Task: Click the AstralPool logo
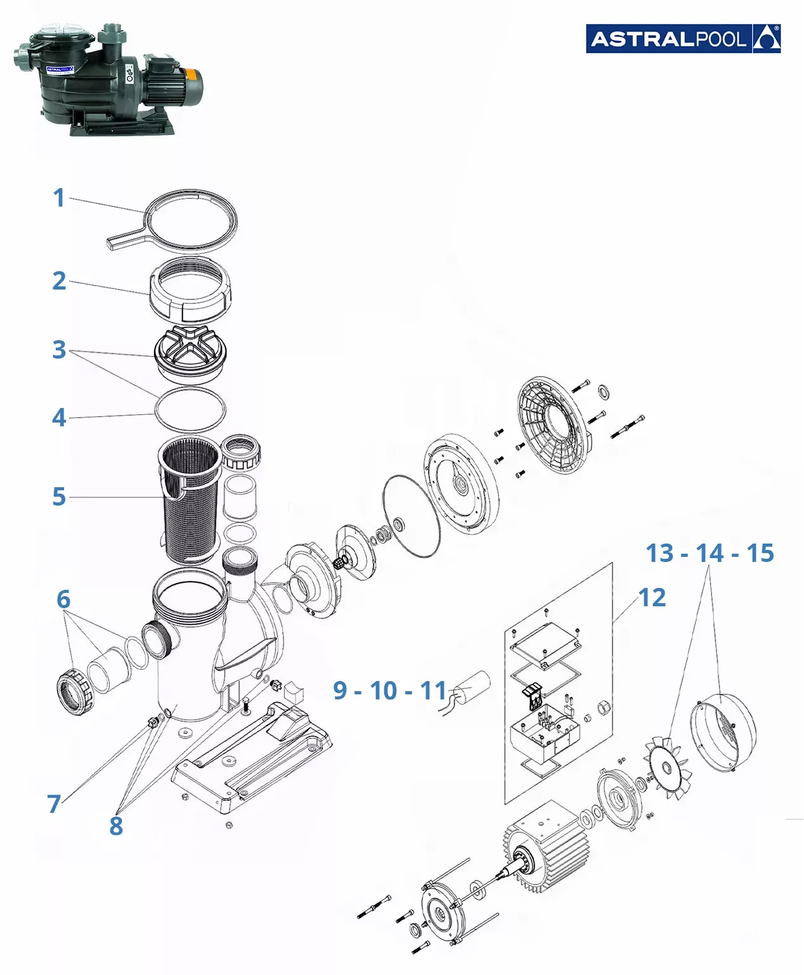683,39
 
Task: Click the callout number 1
59,198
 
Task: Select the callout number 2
59,281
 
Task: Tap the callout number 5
59,497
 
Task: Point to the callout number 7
54,804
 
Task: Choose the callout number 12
652,597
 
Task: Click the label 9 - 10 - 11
390,691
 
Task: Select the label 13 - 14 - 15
710,553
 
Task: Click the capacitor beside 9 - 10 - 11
472,684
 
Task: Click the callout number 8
116,826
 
